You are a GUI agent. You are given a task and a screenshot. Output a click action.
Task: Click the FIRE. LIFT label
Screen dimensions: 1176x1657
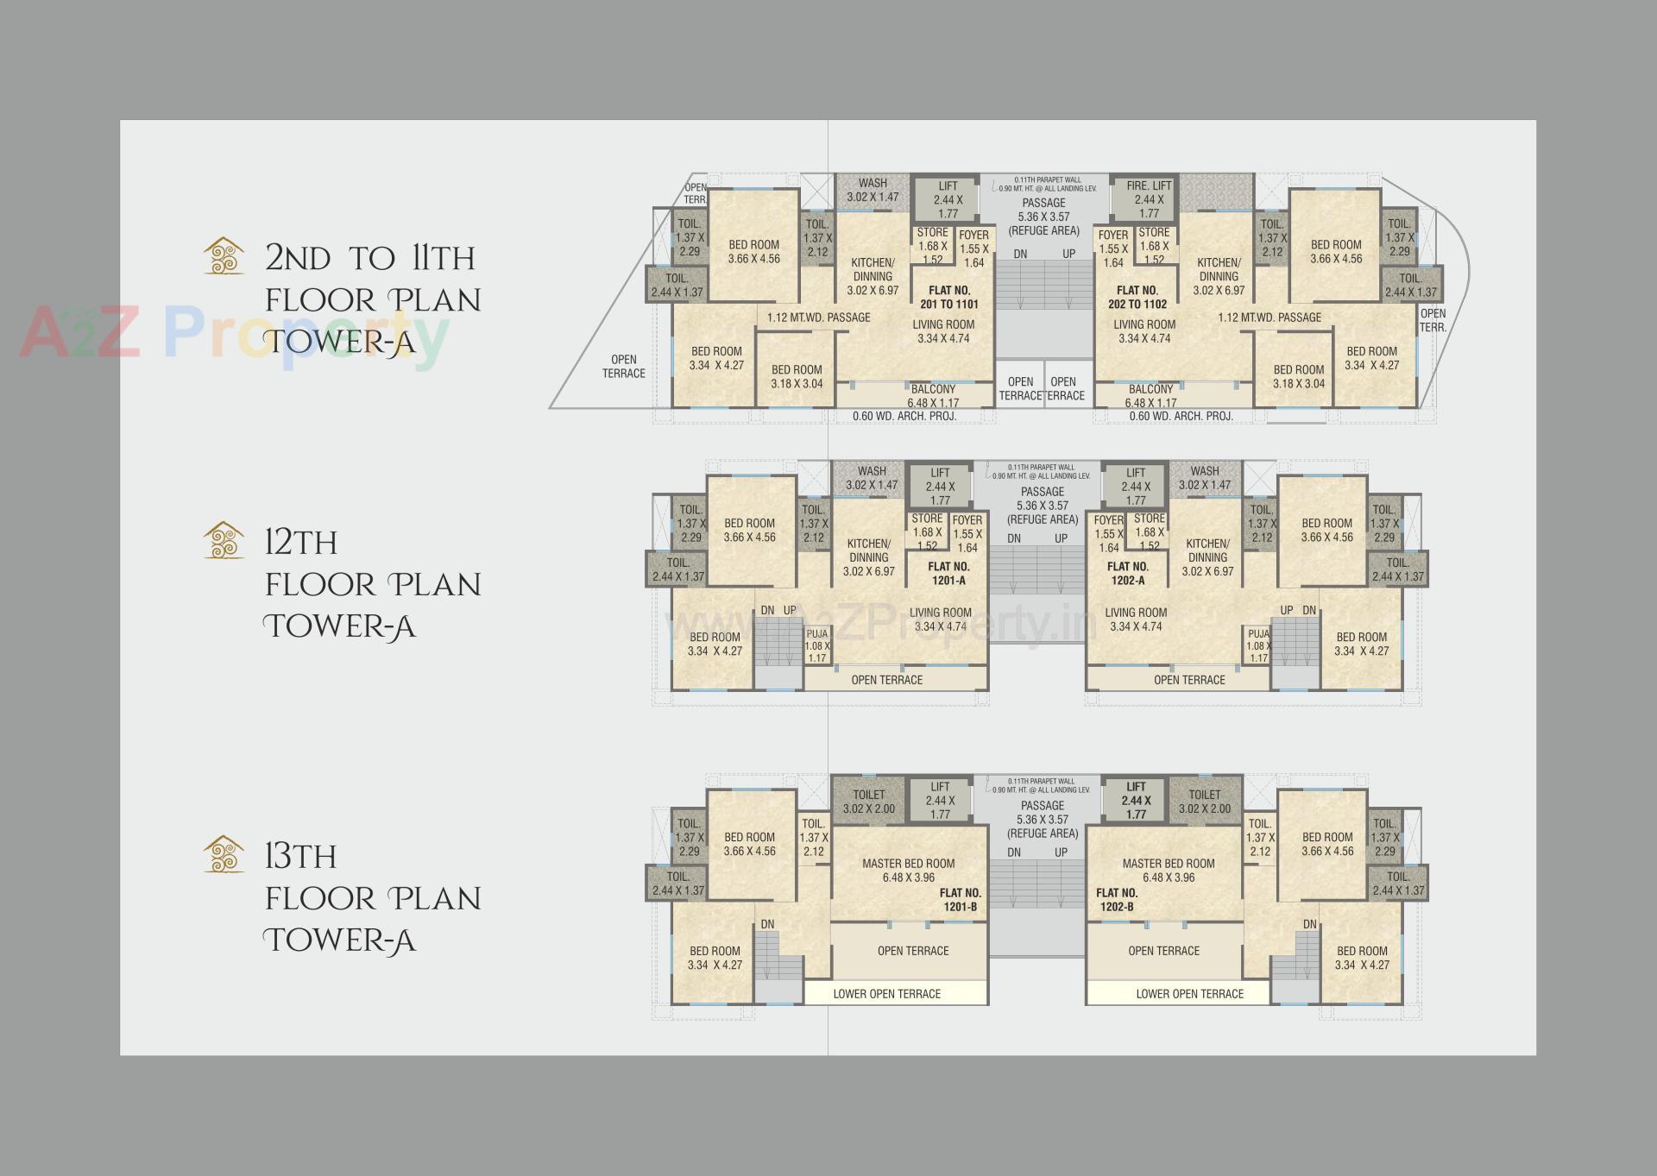click(x=1149, y=186)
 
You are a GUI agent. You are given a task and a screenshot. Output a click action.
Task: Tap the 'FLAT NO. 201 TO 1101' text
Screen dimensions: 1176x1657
click(x=949, y=297)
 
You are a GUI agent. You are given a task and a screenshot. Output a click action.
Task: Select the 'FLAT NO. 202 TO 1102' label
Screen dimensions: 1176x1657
click(x=1137, y=297)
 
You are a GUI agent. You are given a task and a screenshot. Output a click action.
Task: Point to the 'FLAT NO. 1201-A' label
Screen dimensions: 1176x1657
click(x=948, y=574)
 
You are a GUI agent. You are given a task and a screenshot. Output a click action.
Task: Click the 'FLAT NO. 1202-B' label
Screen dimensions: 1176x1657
click(x=1117, y=900)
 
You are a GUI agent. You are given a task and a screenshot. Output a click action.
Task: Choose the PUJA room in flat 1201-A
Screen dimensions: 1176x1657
click(x=816, y=646)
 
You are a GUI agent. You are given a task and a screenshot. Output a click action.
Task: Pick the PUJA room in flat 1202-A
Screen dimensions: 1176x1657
click(x=1258, y=646)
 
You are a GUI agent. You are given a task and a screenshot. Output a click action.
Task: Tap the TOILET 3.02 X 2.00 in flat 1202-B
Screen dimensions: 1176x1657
click(x=1205, y=802)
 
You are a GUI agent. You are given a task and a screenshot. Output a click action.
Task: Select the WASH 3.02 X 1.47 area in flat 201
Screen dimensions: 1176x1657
click(x=873, y=190)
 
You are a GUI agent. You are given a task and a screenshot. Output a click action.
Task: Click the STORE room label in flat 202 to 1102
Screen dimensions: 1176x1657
click(x=1154, y=245)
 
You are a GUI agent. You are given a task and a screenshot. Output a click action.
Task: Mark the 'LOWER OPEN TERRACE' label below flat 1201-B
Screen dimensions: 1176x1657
click(x=886, y=994)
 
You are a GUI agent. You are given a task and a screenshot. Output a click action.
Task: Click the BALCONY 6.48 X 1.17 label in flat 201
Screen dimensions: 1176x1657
click(x=933, y=396)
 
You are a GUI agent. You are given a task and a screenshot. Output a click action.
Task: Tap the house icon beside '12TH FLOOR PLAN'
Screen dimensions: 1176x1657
click(x=223, y=540)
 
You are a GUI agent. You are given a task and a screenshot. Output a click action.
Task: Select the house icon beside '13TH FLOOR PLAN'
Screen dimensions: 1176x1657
click(x=223, y=854)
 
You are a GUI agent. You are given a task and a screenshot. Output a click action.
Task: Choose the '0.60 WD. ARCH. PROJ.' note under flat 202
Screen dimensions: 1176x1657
click(x=1181, y=416)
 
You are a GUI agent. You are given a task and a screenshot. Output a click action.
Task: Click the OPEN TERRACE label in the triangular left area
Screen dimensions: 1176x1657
click(x=623, y=367)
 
